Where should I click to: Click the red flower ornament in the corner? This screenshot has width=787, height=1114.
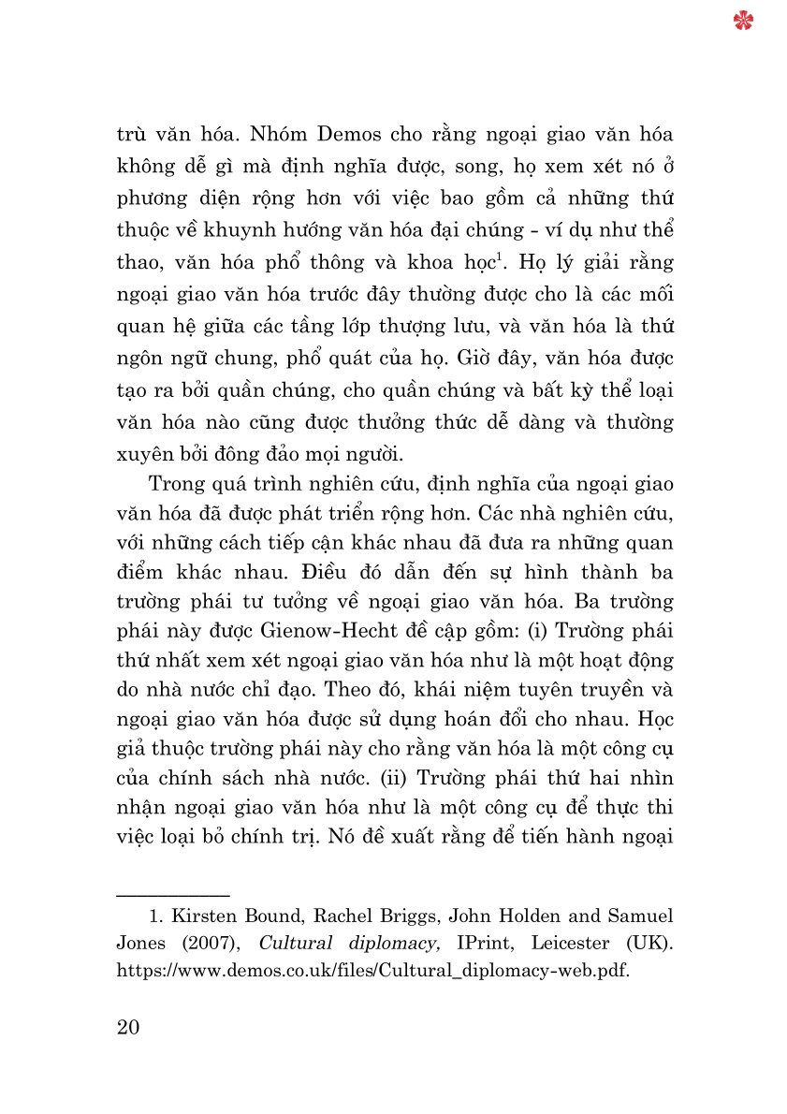coord(744,21)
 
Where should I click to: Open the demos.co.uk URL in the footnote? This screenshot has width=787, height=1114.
coord(372,971)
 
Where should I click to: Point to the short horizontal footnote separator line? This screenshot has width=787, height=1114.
coord(173,896)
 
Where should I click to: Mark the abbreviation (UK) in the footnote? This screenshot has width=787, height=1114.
coord(651,943)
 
